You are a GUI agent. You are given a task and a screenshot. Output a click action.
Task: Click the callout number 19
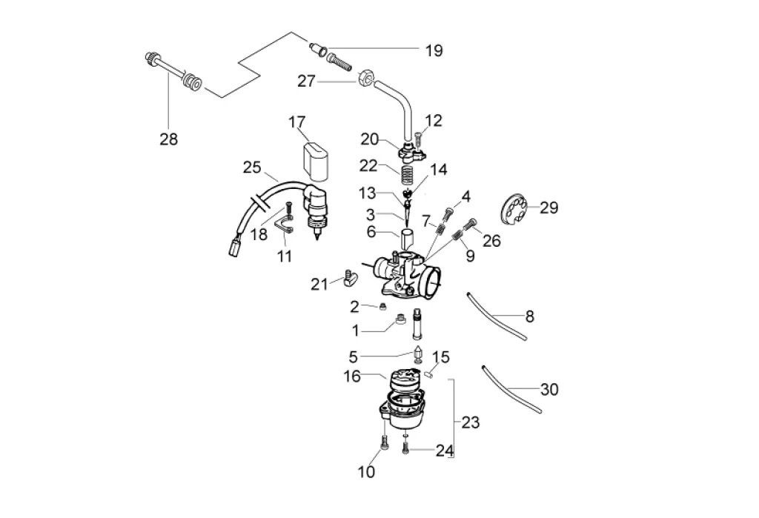(434, 50)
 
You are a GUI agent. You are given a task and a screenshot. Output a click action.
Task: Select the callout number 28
(169, 139)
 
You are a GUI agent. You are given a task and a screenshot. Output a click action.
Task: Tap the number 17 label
(297, 121)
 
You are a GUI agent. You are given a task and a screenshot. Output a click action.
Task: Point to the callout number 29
(548, 207)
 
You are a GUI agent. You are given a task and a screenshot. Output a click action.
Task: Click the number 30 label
(549, 389)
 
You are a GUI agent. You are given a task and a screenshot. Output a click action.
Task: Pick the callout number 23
(470, 423)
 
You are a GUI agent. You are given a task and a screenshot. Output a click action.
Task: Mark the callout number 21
(319, 283)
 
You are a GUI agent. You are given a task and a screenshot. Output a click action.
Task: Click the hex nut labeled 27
(366, 78)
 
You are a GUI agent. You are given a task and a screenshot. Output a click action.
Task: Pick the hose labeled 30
(511, 390)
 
